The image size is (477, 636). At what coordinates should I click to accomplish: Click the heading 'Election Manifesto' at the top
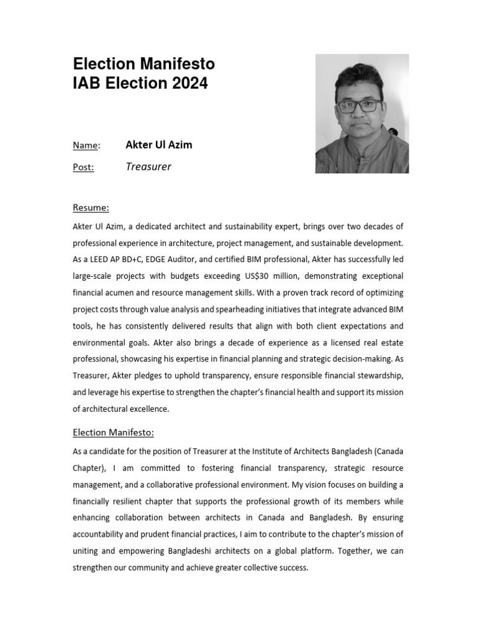click(144, 64)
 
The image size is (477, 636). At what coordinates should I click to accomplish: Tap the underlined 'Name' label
click(86, 145)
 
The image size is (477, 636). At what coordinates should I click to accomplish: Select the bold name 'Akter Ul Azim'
click(159, 145)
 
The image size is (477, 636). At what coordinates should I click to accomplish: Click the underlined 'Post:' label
click(83, 167)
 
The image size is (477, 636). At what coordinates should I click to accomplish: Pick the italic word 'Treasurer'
click(148, 166)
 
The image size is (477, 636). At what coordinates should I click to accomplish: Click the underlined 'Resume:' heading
click(91, 207)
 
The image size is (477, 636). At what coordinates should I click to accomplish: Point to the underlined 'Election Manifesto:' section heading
click(113, 432)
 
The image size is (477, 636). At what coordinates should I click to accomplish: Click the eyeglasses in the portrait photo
click(360, 105)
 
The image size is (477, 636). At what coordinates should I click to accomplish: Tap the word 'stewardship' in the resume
click(380, 375)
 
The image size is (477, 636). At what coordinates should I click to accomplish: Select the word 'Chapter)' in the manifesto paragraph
click(89, 468)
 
